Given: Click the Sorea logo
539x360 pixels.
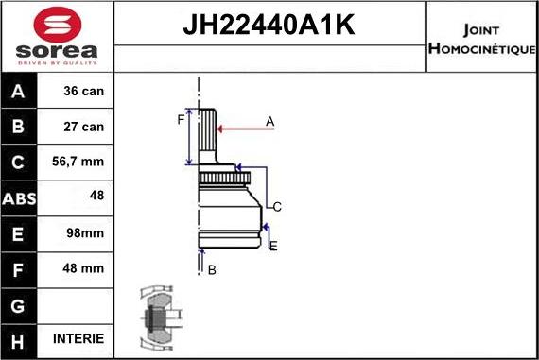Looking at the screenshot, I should tap(57, 37).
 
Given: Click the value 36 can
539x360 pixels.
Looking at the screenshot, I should tap(83, 93).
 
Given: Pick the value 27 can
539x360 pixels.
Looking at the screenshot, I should tap(83, 127).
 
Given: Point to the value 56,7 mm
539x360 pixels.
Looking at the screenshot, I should tap(79, 162).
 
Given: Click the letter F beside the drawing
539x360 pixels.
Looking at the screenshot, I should tap(181, 118).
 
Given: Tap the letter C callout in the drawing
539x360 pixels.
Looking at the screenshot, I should tap(277, 206).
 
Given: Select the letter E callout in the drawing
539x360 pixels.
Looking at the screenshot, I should tap(272, 246).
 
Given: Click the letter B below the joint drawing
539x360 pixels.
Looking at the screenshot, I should tap(212, 269).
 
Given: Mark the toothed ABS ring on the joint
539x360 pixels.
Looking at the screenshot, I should tap(223, 178).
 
